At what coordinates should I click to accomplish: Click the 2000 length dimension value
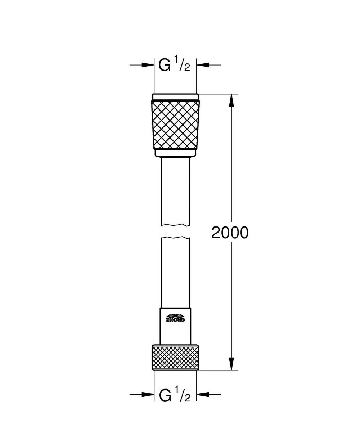click(230, 233)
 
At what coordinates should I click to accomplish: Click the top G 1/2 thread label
click(175, 65)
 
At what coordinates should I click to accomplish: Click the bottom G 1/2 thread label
click(175, 395)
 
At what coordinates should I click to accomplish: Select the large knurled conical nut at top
click(175, 125)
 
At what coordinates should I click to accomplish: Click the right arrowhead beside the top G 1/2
click(203, 65)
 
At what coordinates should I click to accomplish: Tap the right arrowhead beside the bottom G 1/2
click(203, 395)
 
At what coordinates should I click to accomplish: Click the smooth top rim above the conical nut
click(175, 97)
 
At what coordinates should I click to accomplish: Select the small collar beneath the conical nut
click(175, 153)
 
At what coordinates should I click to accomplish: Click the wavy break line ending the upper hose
click(175, 225)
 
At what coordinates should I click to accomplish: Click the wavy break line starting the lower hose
click(175, 238)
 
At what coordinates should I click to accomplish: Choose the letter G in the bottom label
click(165, 395)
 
